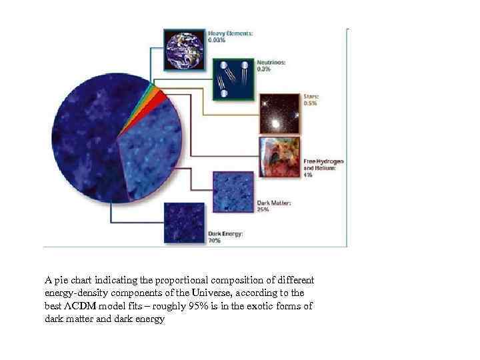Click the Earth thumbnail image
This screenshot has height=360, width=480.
point(185,47)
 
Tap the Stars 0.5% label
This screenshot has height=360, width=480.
point(311,99)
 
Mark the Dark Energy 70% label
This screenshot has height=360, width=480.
point(225,237)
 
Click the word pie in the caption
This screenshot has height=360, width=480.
point(59,279)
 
